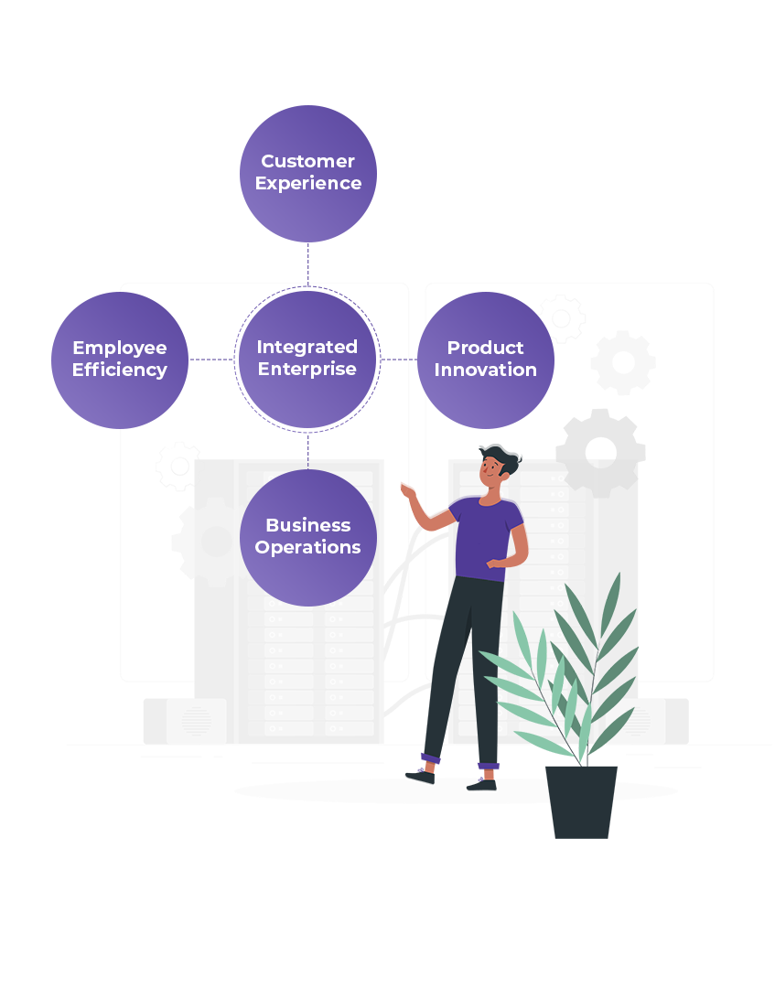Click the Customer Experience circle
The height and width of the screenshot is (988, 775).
[x=308, y=173]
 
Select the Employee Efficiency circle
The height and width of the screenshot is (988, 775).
[x=120, y=360]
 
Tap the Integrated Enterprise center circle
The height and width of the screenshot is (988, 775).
[x=307, y=359]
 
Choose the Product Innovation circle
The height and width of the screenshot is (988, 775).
[x=486, y=360]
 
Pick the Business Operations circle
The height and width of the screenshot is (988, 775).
[x=308, y=537]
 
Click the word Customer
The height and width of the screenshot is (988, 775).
[x=308, y=161]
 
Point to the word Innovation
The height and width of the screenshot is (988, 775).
[x=486, y=370]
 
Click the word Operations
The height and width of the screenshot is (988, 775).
[x=308, y=548]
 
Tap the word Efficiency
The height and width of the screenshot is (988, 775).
[x=120, y=370]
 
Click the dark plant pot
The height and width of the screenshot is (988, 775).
[x=581, y=801]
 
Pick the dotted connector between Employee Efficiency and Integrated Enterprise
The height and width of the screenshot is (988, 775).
[x=211, y=360]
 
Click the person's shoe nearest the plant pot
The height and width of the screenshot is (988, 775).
[x=482, y=783]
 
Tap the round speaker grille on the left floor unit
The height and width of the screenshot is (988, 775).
[x=196, y=721]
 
